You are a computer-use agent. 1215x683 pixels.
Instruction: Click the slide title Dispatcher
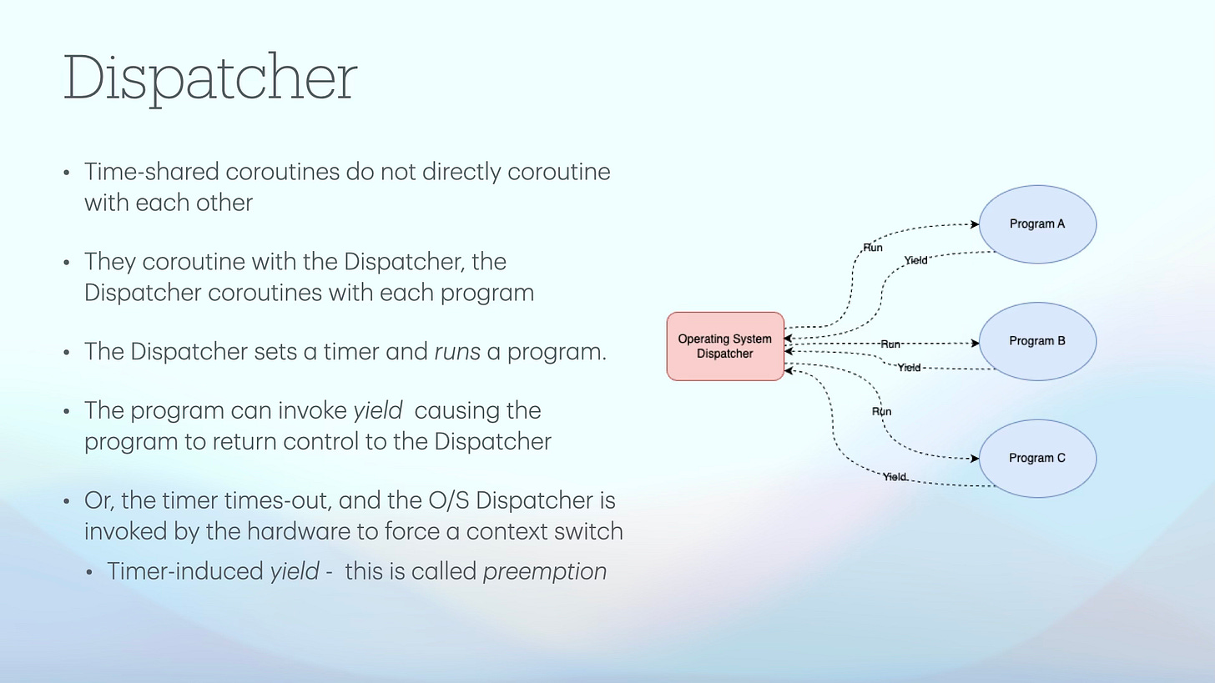tap(209, 78)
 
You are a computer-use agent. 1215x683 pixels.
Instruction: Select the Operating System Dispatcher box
tap(724, 346)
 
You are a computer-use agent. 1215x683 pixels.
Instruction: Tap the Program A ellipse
tap(1036, 223)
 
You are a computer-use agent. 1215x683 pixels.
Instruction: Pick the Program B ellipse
tap(1036, 341)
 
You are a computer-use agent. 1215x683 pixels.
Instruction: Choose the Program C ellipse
tap(1036, 458)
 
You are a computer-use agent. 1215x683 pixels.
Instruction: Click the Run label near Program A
tap(872, 248)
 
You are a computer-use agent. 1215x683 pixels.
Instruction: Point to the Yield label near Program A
tap(915, 261)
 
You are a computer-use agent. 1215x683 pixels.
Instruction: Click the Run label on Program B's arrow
tap(890, 344)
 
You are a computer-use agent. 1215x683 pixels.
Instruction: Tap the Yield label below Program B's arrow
tap(909, 368)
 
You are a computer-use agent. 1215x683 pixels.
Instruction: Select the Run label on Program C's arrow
tap(881, 411)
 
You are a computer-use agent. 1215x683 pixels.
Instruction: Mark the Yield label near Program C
tap(894, 477)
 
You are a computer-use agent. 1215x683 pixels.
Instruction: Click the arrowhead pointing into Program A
tap(975, 224)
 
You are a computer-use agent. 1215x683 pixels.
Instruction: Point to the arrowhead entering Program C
tap(975, 459)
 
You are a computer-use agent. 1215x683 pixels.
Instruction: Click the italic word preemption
tap(544, 571)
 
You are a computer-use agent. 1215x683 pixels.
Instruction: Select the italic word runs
tap(457, 352)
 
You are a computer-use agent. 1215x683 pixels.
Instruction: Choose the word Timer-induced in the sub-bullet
tap(184, 571)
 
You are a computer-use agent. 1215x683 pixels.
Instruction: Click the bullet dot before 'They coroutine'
tap(67, 264)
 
